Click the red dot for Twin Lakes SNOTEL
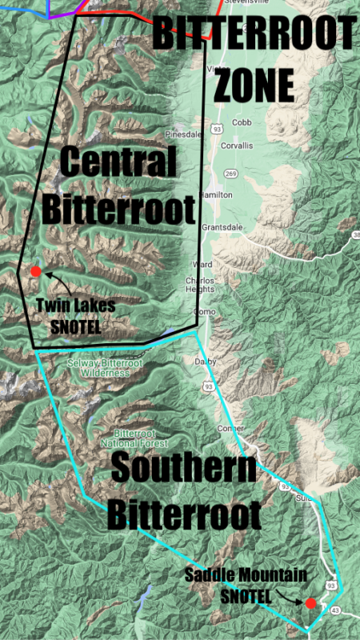[35, 272]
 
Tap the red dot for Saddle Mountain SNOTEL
[311, 602]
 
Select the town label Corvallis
[238, 146]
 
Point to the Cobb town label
[242, 122]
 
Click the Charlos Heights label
[201, 286]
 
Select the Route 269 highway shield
[230, 173]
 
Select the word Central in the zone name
[118, 164]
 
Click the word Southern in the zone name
[184, 470]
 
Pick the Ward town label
[200, 265]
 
